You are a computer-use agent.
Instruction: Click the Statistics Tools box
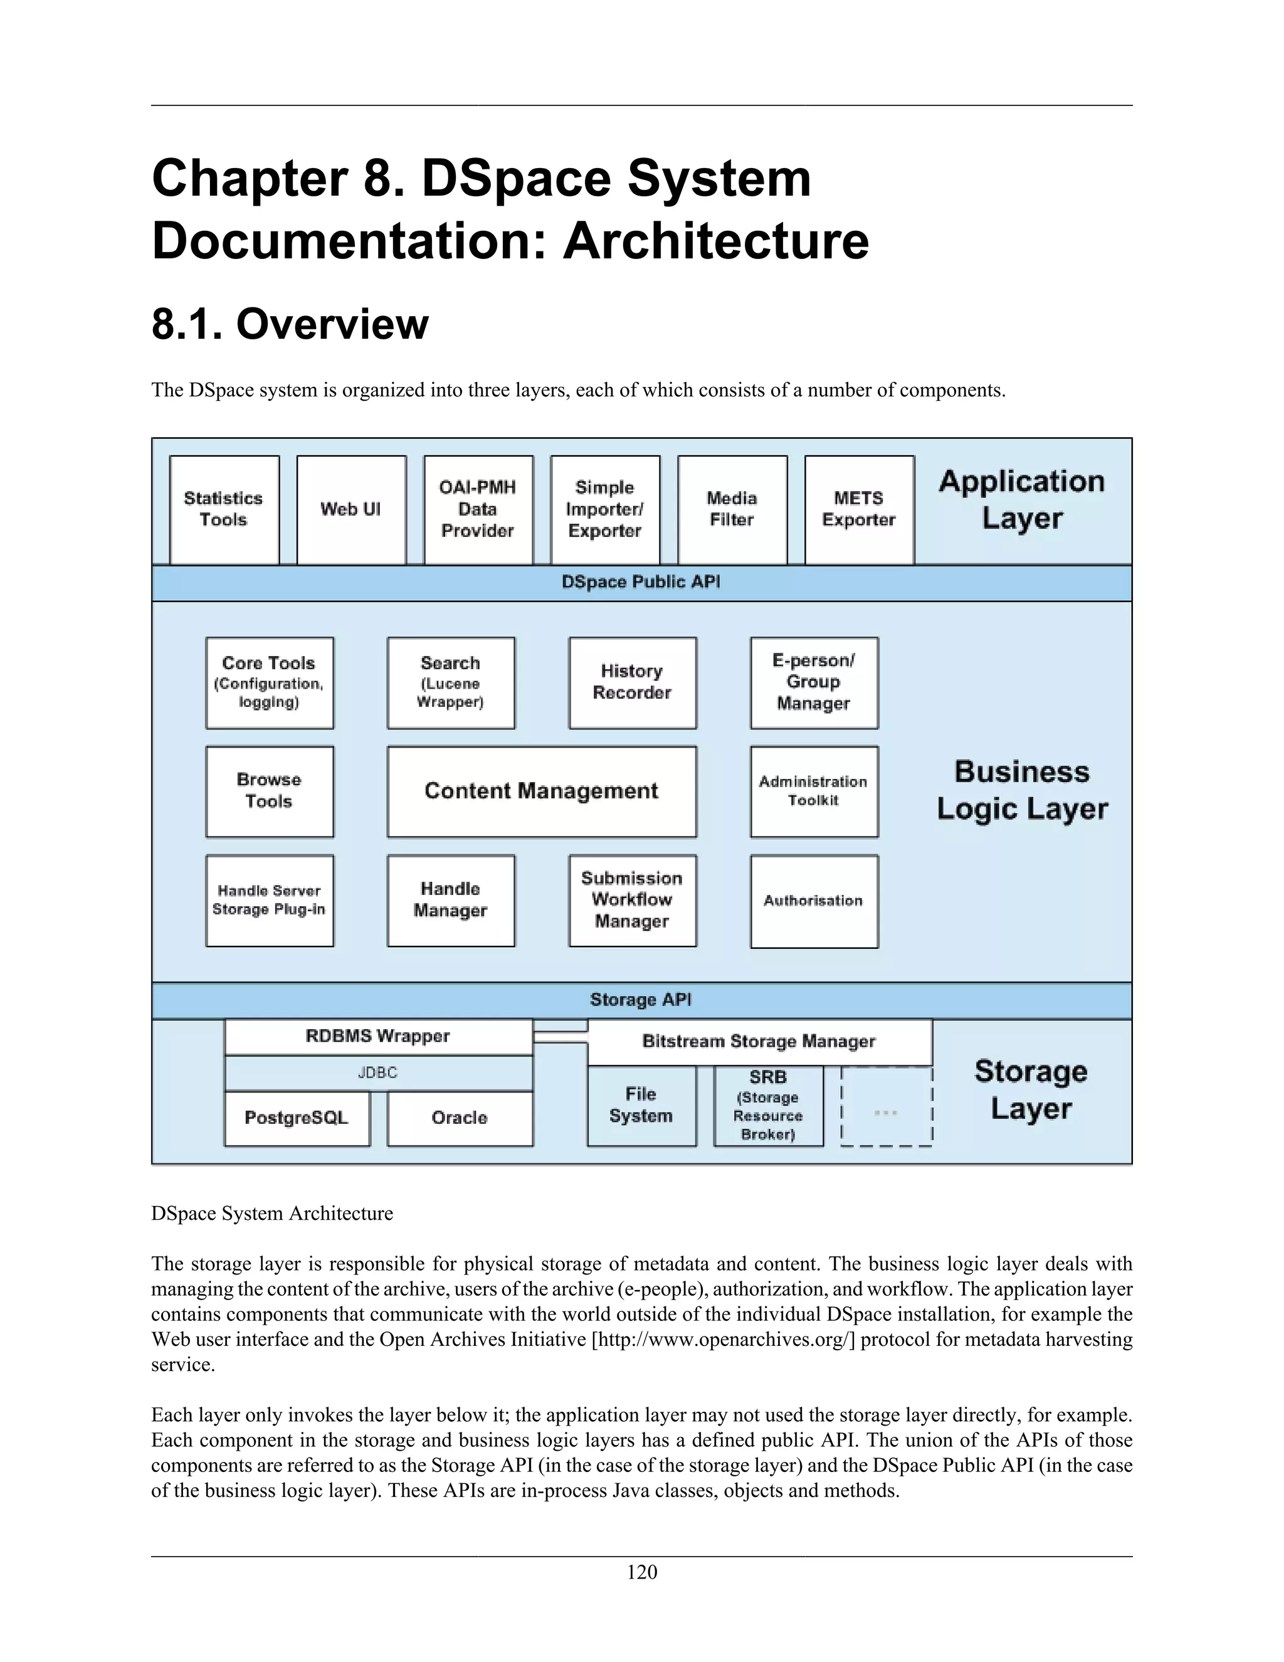pyautogui.click(x=224, y=509)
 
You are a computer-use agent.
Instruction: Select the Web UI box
pyautogui.click(x=350, y=509)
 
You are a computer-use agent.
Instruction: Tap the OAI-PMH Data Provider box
pyautogui.click(x=478, y=509)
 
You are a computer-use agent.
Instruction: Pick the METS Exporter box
pyautogui.click(x=859, y=509)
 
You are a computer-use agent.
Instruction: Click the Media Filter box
pyautogui.click(x=732, y=509)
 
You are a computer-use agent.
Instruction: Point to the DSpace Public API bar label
pyautogui.click(x=641, y=582)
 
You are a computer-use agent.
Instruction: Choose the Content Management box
pyautogui.click(x=541, y=791)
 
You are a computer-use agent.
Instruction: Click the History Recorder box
pyautogui.click(x=632, y=682)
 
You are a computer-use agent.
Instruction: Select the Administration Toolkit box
pyautogui.click(x=813, y=791)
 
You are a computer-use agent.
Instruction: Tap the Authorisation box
pyautogui.click(x=813, y=901)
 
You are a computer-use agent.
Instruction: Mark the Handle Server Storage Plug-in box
pyautogui.click(x=269, y=900)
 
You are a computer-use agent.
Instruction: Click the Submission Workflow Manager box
pyautogui.click(x=632, y=900)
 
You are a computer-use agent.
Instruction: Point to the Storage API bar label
pyautogui.click(x=641, y=1000)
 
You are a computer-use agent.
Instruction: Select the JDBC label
pyautogui.click(x=378, y=1073)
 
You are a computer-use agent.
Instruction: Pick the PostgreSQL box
pyautogui.click(x=297, y=1118)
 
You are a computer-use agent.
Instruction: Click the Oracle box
pyautogui.click(x=460, y=1118)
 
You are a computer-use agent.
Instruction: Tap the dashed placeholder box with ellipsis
pyautogui.click(x=886, y=1113)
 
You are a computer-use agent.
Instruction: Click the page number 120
pyautogui.click(x=642, y=1572)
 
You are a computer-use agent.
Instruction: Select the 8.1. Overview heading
pyautogui.click(x=290, y=324)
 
